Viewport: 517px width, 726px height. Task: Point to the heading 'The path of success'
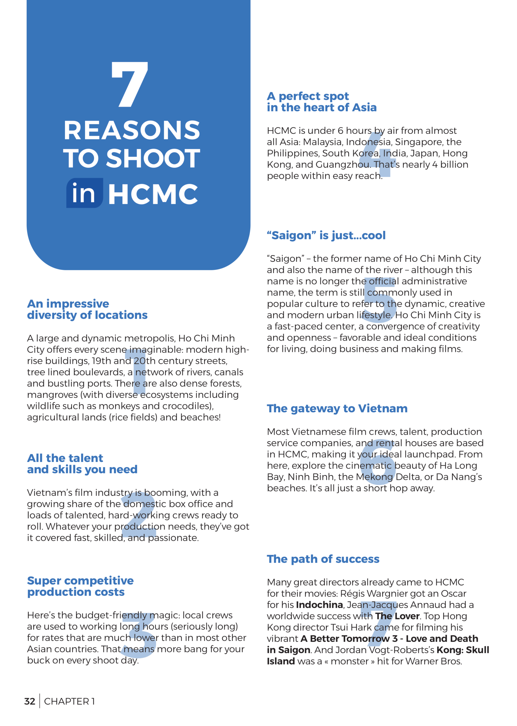coord(323,559)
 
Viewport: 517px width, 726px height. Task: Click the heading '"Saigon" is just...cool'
coord(326,235)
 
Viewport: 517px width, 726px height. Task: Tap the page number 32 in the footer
coord(29,702)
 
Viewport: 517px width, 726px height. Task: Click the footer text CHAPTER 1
coord(69,702)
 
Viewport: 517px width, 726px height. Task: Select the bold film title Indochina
coord(319,605)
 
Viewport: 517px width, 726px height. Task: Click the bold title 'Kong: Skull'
coord(463,650)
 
